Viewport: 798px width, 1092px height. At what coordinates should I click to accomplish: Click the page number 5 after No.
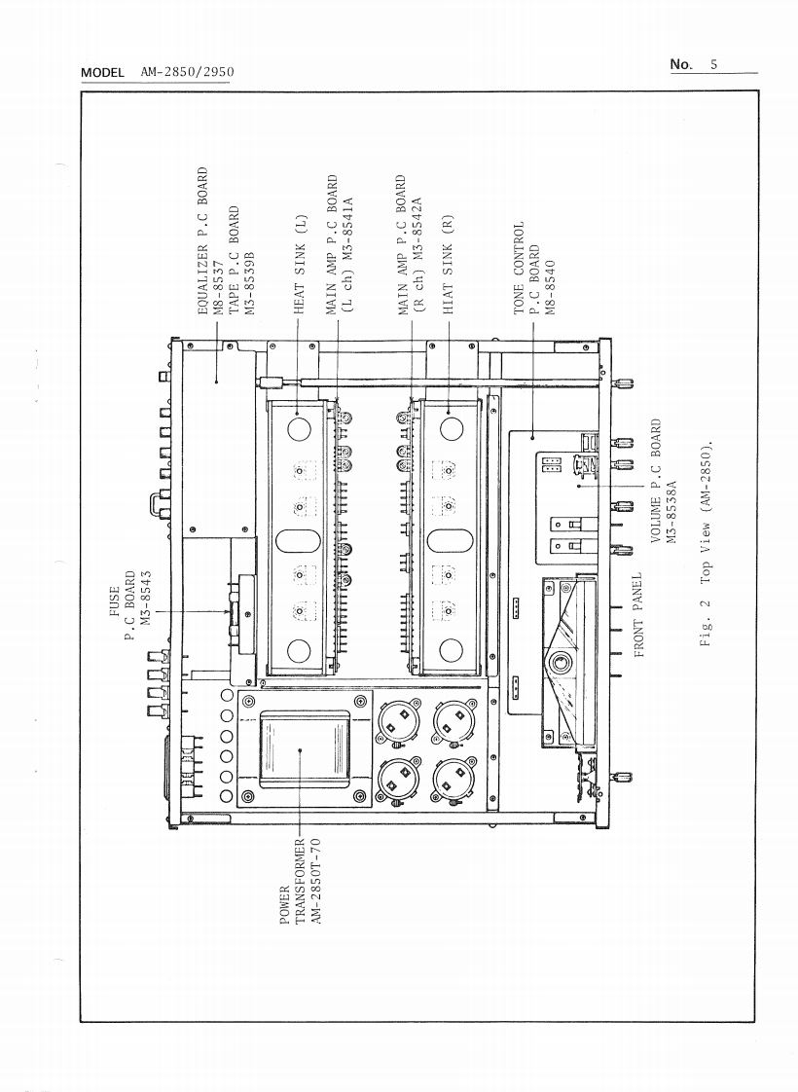[x=713, y=65]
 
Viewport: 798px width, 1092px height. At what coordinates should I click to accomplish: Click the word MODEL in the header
[x=103, y=74]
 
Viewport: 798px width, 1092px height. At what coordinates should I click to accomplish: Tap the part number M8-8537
[x=221, y=283]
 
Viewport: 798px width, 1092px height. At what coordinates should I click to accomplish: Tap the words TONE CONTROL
[x=519, y=267]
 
